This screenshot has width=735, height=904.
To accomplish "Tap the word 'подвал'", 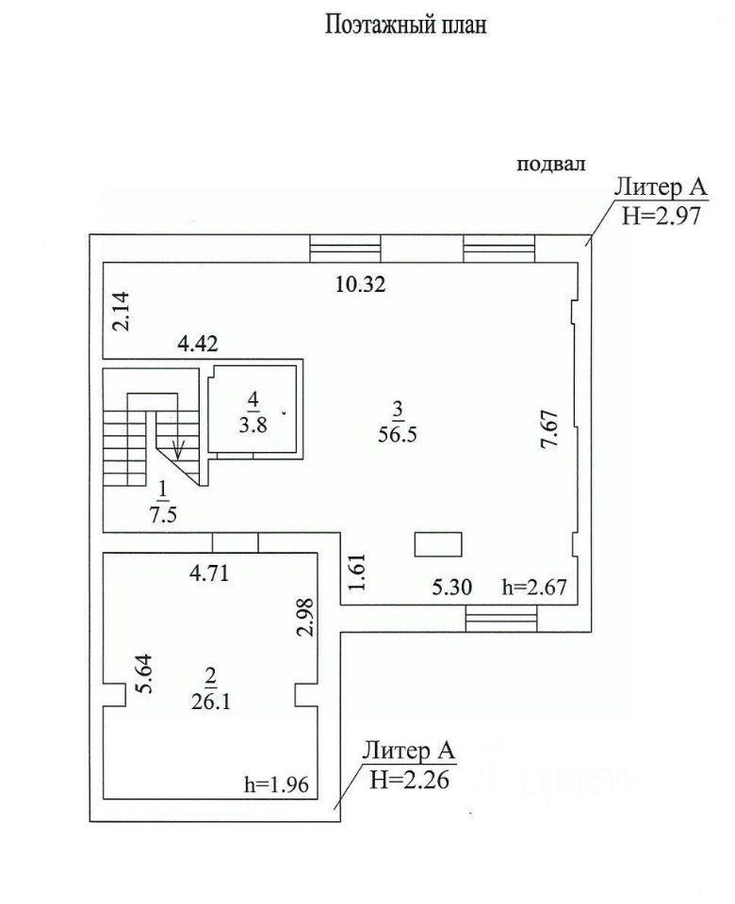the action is click(551, 164).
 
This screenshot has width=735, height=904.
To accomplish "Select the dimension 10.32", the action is click(361, 284).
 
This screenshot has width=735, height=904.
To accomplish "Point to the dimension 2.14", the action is click(122, 312).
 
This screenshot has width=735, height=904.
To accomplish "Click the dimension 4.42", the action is click(198, 344).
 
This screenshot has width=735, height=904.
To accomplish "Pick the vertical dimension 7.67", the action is click(548, 429).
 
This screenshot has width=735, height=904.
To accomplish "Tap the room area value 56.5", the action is click(398, 433).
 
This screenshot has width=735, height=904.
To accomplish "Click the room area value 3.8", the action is click(253, 426).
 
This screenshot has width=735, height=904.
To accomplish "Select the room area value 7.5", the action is click(163, 515).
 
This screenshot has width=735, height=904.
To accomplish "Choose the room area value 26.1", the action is click(210, 701).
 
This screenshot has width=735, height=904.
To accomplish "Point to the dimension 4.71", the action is click(209, 573).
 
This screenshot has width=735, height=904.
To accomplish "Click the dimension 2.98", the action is click(304, 617).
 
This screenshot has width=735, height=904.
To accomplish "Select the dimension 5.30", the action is click(452, 587).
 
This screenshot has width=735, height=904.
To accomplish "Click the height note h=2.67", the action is click(535, 587).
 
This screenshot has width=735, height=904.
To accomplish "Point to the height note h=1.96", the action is click(277, 784).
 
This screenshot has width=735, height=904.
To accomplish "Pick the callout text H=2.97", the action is click(661, 216).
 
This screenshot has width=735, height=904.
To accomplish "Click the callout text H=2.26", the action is click(410, 780).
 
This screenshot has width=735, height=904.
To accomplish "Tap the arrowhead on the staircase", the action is click(178, 450).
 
